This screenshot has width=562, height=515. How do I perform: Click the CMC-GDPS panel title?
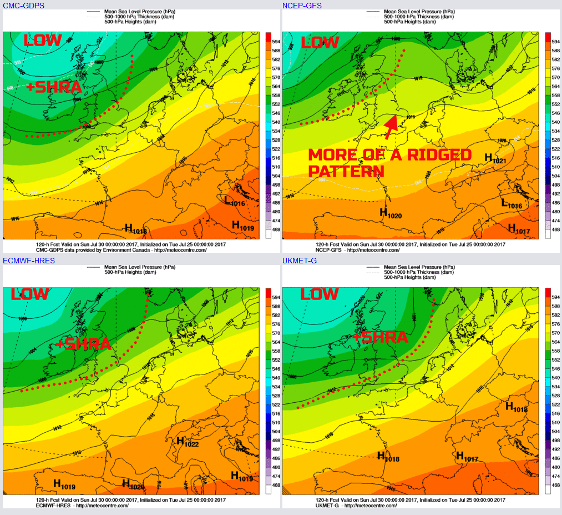24,6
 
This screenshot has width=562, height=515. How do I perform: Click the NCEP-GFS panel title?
302,6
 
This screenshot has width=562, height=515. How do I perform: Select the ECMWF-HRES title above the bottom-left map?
29,261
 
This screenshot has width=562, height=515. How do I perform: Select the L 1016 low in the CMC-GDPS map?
234,201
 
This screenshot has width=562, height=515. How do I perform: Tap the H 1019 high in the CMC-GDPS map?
242,226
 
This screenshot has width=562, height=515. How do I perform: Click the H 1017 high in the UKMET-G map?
467,457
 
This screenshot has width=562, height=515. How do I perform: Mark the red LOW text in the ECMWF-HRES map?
30,294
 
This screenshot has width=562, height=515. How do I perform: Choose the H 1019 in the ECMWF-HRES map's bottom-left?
64,484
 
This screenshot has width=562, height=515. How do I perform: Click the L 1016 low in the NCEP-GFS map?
512,204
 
